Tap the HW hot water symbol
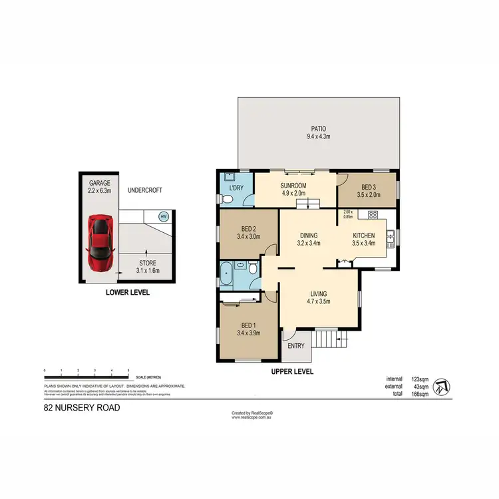click(x=163, y=216)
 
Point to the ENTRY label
click(x=295, y=346)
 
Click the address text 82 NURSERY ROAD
click(x=82, y=407)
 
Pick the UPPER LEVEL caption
click(x=293, y=372)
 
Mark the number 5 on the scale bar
click(x=128, y=370)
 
